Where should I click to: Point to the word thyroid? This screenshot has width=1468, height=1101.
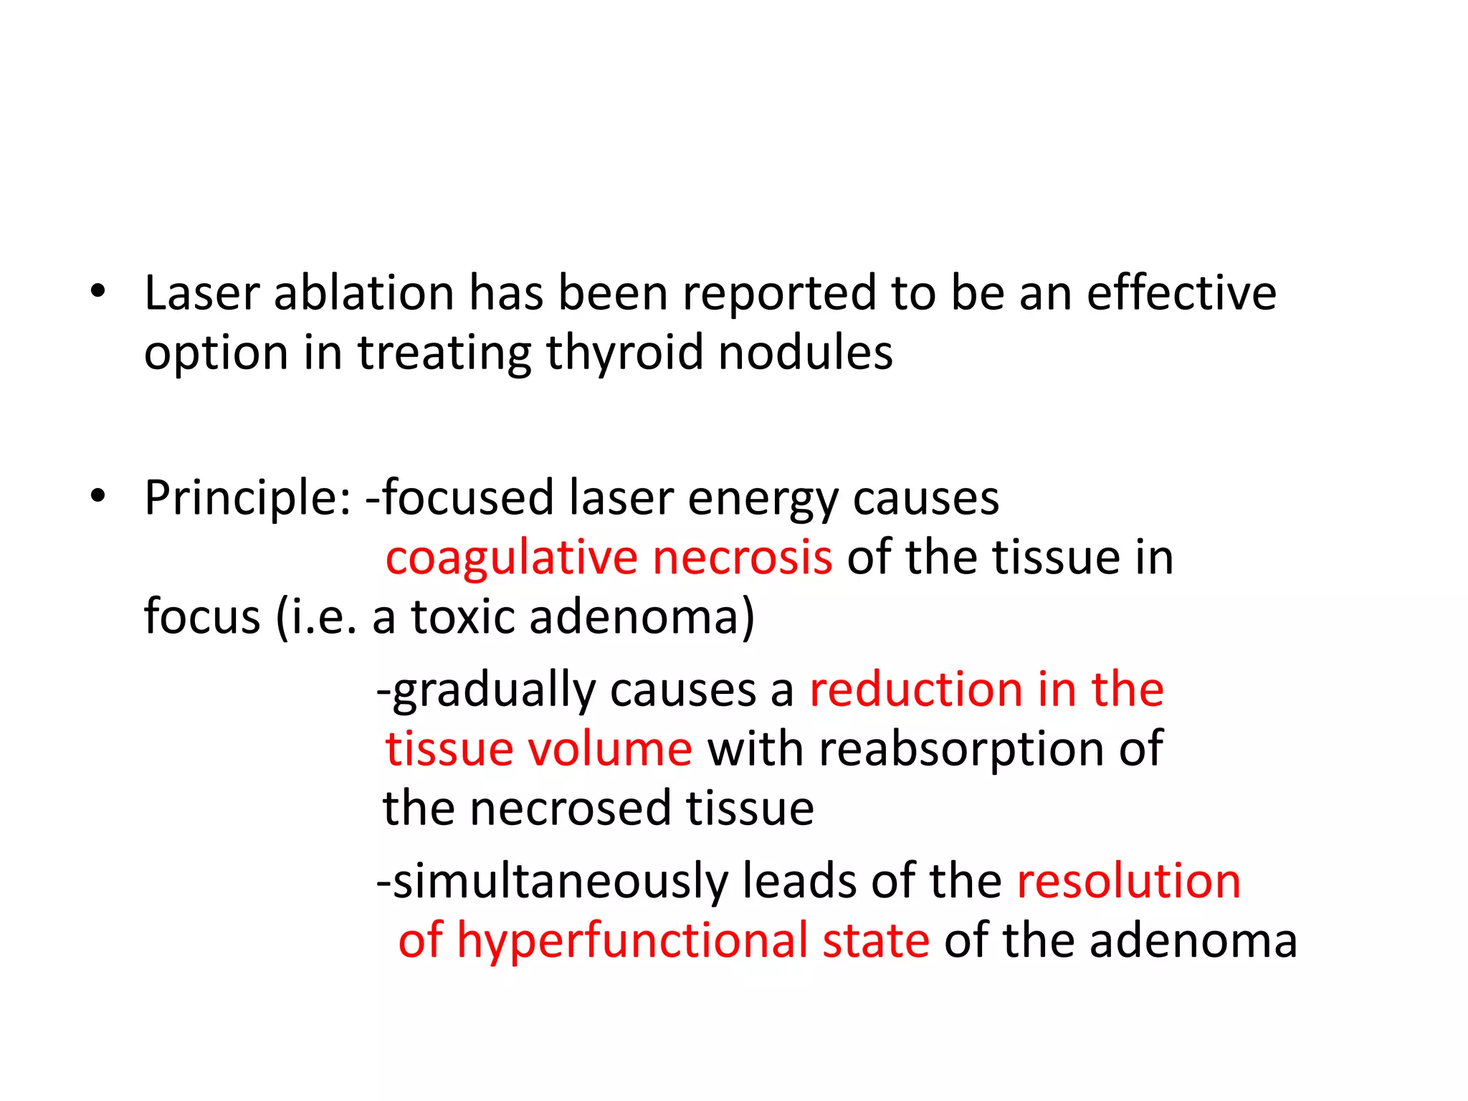tap(624, 354)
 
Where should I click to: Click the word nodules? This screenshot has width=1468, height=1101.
tap(806, 353)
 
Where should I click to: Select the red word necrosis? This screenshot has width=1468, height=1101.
tap(743, 558)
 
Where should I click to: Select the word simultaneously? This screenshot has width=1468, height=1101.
tap(560, 882)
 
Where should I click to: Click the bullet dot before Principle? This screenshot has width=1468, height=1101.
tap(98, 496)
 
